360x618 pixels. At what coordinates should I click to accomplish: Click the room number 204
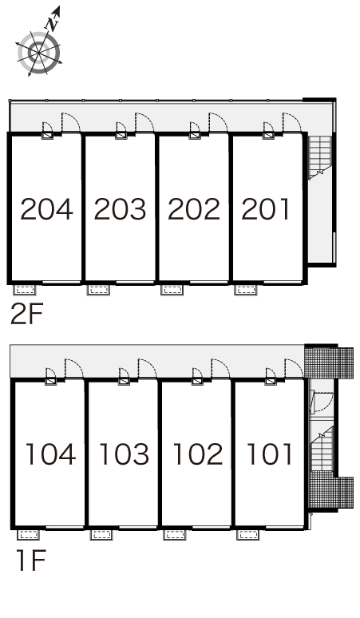46,209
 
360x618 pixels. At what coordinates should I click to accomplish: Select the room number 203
120,209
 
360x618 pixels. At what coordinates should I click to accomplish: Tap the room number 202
194,209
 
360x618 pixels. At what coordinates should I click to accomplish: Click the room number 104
50,454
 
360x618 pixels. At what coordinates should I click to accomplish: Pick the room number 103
124,454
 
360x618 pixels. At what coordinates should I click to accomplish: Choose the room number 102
197,454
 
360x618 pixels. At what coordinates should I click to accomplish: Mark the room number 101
269,454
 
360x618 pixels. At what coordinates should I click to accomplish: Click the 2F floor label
26,314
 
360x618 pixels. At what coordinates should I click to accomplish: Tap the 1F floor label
31,561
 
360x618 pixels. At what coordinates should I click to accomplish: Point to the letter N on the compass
52,25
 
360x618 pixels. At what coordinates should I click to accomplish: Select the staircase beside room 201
319,157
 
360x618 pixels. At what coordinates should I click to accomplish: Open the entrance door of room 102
220,368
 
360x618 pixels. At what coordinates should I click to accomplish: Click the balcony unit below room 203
98,290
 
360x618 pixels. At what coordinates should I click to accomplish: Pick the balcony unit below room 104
29,534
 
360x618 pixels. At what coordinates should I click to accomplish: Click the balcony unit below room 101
247,534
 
